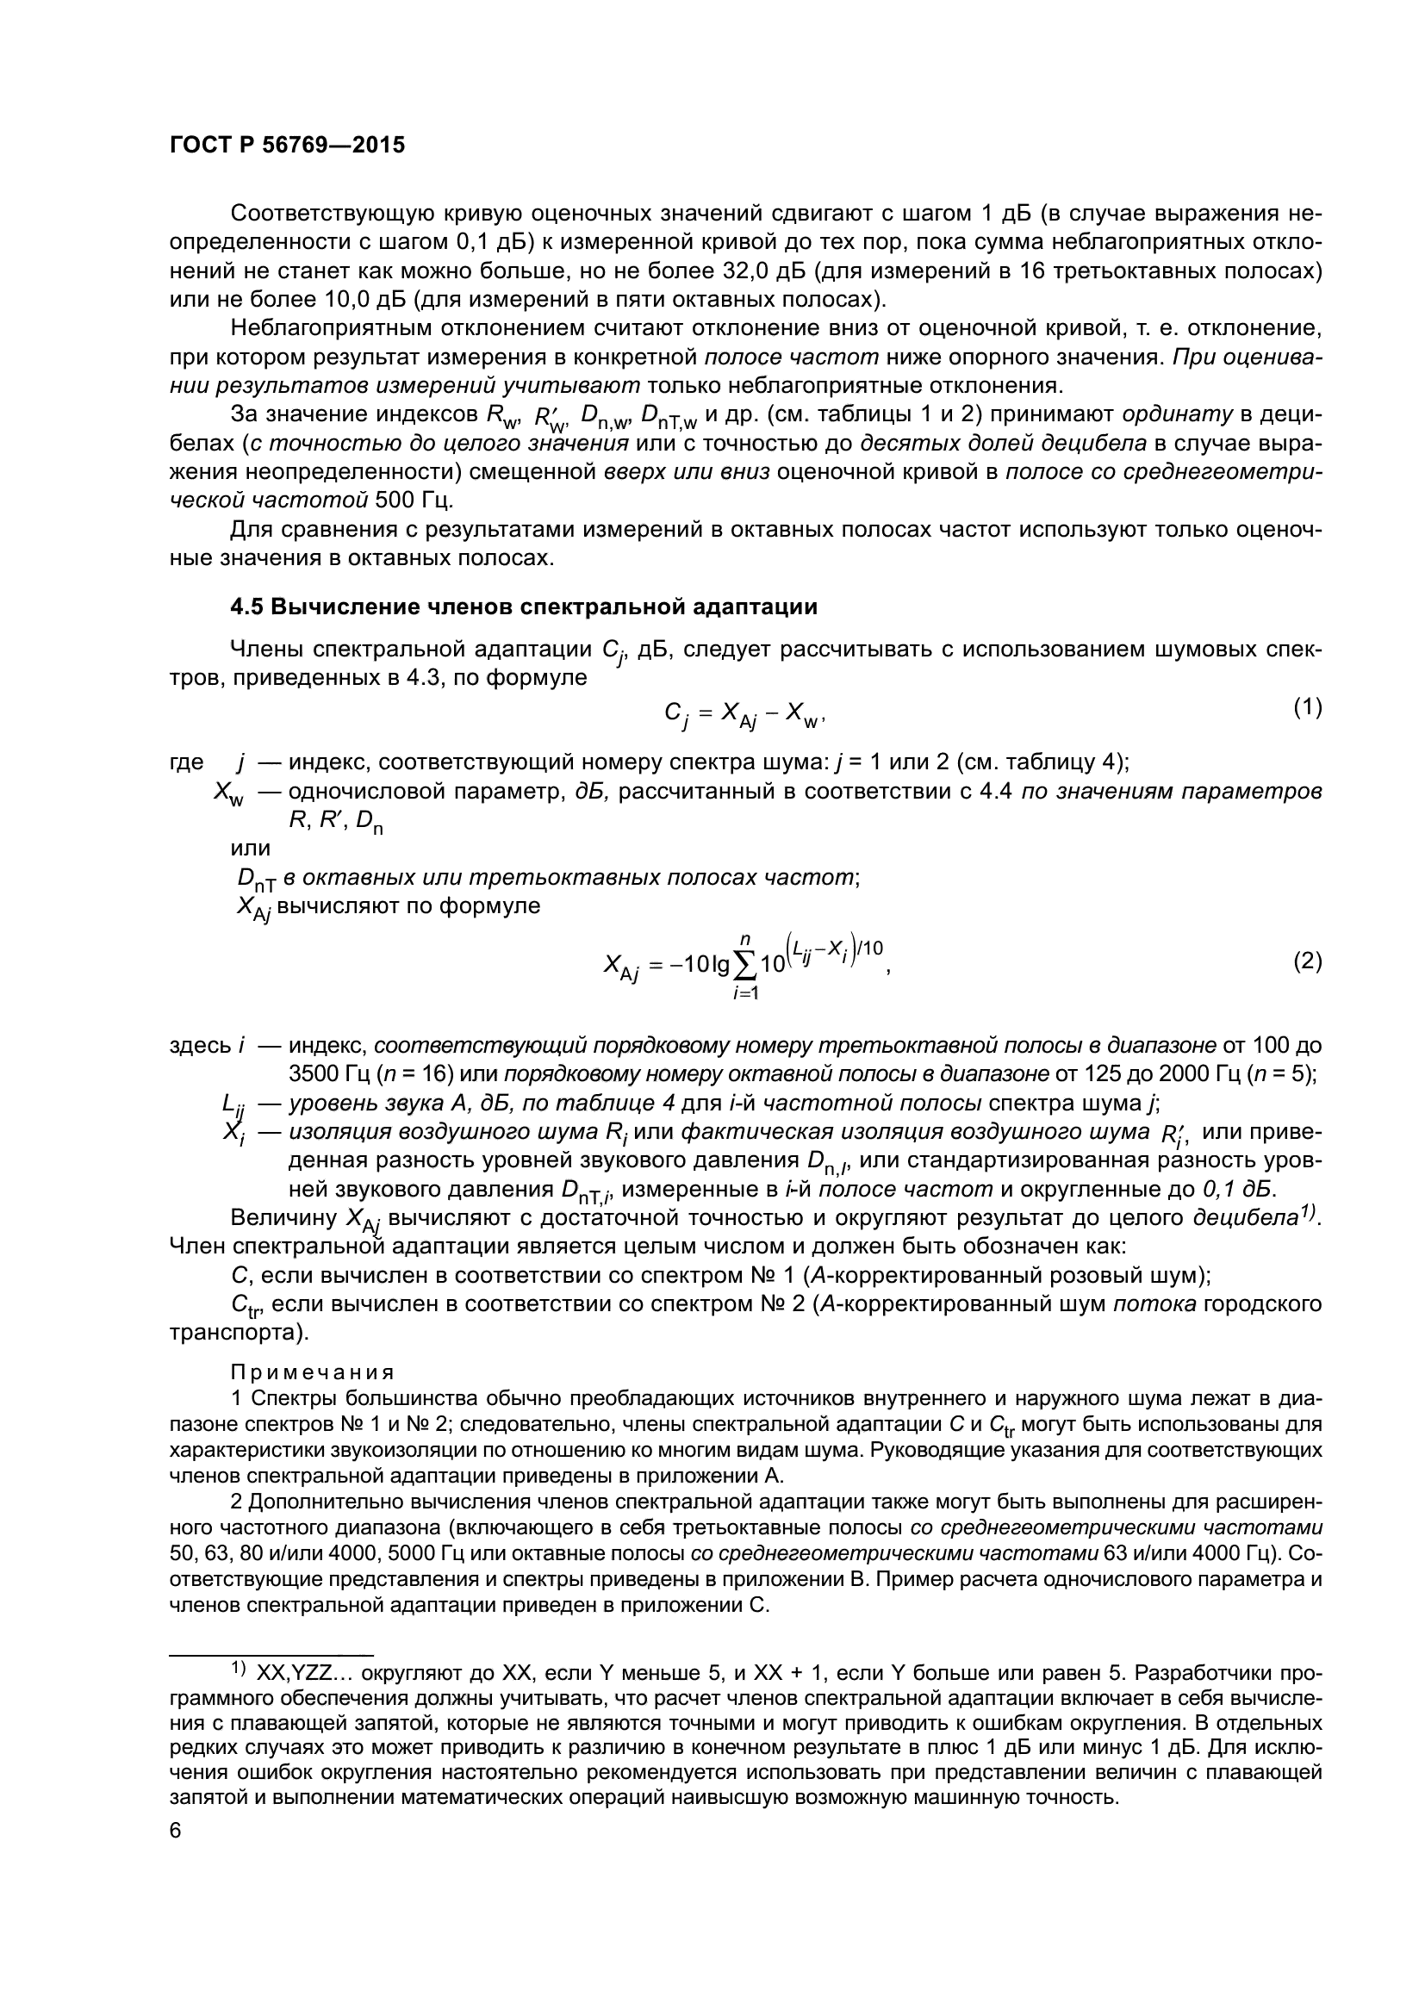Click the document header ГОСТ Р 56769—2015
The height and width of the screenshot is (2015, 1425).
pos(287,146)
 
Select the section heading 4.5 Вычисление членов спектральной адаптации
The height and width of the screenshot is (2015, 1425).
pos(523,606)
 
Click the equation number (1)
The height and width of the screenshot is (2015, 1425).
pos(1308,706)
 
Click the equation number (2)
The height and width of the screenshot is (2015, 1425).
pos(1308,962)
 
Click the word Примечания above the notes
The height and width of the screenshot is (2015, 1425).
pos(313,1371)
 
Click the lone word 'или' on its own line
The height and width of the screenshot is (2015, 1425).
pos(250,849)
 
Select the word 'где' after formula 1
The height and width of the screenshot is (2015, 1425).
pos(186,762)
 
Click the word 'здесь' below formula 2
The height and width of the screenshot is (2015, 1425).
pos(199,1045)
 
